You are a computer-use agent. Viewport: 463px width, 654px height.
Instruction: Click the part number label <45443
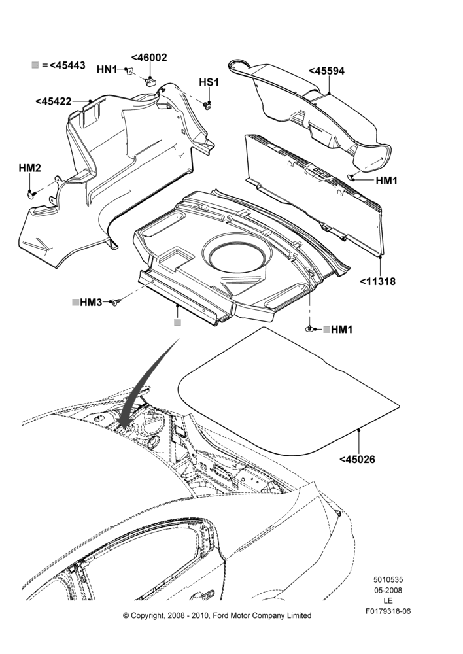click(67, 65)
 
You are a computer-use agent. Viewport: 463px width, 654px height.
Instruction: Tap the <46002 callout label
click(149, 58)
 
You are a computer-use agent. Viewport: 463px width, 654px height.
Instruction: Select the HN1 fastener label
click(107, 69)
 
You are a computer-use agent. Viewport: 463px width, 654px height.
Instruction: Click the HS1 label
click(209, 82)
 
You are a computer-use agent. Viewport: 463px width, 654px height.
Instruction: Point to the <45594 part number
click(326, 71)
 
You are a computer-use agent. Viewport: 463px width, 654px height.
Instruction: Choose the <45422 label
click(54, 101)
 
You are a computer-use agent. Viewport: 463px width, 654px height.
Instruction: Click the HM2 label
click(29, 168)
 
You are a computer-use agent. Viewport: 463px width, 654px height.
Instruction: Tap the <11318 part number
click(377, 281)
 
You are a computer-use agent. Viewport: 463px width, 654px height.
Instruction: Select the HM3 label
click(91, 302)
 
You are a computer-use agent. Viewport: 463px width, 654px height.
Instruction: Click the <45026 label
click(357, 460)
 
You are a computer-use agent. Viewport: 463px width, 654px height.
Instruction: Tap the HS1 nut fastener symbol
click(207, 106)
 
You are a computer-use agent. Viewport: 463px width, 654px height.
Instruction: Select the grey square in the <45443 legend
click(35, 65)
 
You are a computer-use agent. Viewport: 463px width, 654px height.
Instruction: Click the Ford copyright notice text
click(217, 615)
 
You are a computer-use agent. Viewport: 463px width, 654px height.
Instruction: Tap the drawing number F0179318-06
click(388, 611)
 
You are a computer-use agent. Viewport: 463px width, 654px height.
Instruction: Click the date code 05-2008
click(388, 590)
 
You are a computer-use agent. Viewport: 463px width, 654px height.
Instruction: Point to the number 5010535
click(388, 579)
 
